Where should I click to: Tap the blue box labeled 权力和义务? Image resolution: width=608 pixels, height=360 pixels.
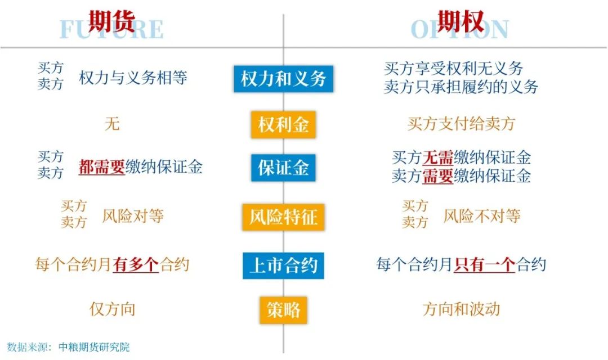tap(283, 79)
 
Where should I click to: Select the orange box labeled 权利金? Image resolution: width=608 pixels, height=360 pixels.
tap(283, 124)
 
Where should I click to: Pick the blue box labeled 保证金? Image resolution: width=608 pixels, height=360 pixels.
tap(283, 168)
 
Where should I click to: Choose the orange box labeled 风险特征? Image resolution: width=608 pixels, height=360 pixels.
tap(283, 217)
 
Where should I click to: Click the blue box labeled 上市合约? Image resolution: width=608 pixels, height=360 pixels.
tap(283, 265)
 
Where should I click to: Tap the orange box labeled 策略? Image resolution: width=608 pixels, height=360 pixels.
tap(283, 310)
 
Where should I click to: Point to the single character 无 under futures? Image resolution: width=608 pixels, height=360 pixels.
tap(112, 124)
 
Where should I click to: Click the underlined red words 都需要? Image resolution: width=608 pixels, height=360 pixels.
tap(101, 167)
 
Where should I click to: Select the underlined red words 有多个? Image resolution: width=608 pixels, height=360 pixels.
tap(136, 265)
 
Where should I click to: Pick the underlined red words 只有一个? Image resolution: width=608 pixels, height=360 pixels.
tap(484, 265)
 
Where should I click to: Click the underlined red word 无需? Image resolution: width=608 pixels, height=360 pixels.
tap(438, 157)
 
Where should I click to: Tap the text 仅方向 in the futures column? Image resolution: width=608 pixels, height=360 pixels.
tap(113, 309)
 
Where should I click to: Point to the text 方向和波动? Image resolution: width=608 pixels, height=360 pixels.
tap(462, 309)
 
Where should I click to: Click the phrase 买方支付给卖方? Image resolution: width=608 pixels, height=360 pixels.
tap(461, 124)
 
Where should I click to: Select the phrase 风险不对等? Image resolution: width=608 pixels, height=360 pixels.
tap(481, 216)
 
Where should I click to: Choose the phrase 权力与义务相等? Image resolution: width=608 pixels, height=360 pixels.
tap(133, 78)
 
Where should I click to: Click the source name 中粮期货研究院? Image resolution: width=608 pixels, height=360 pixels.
tap(94, 347)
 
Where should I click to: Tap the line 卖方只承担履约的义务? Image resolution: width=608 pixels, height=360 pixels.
tap(461, 87)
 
